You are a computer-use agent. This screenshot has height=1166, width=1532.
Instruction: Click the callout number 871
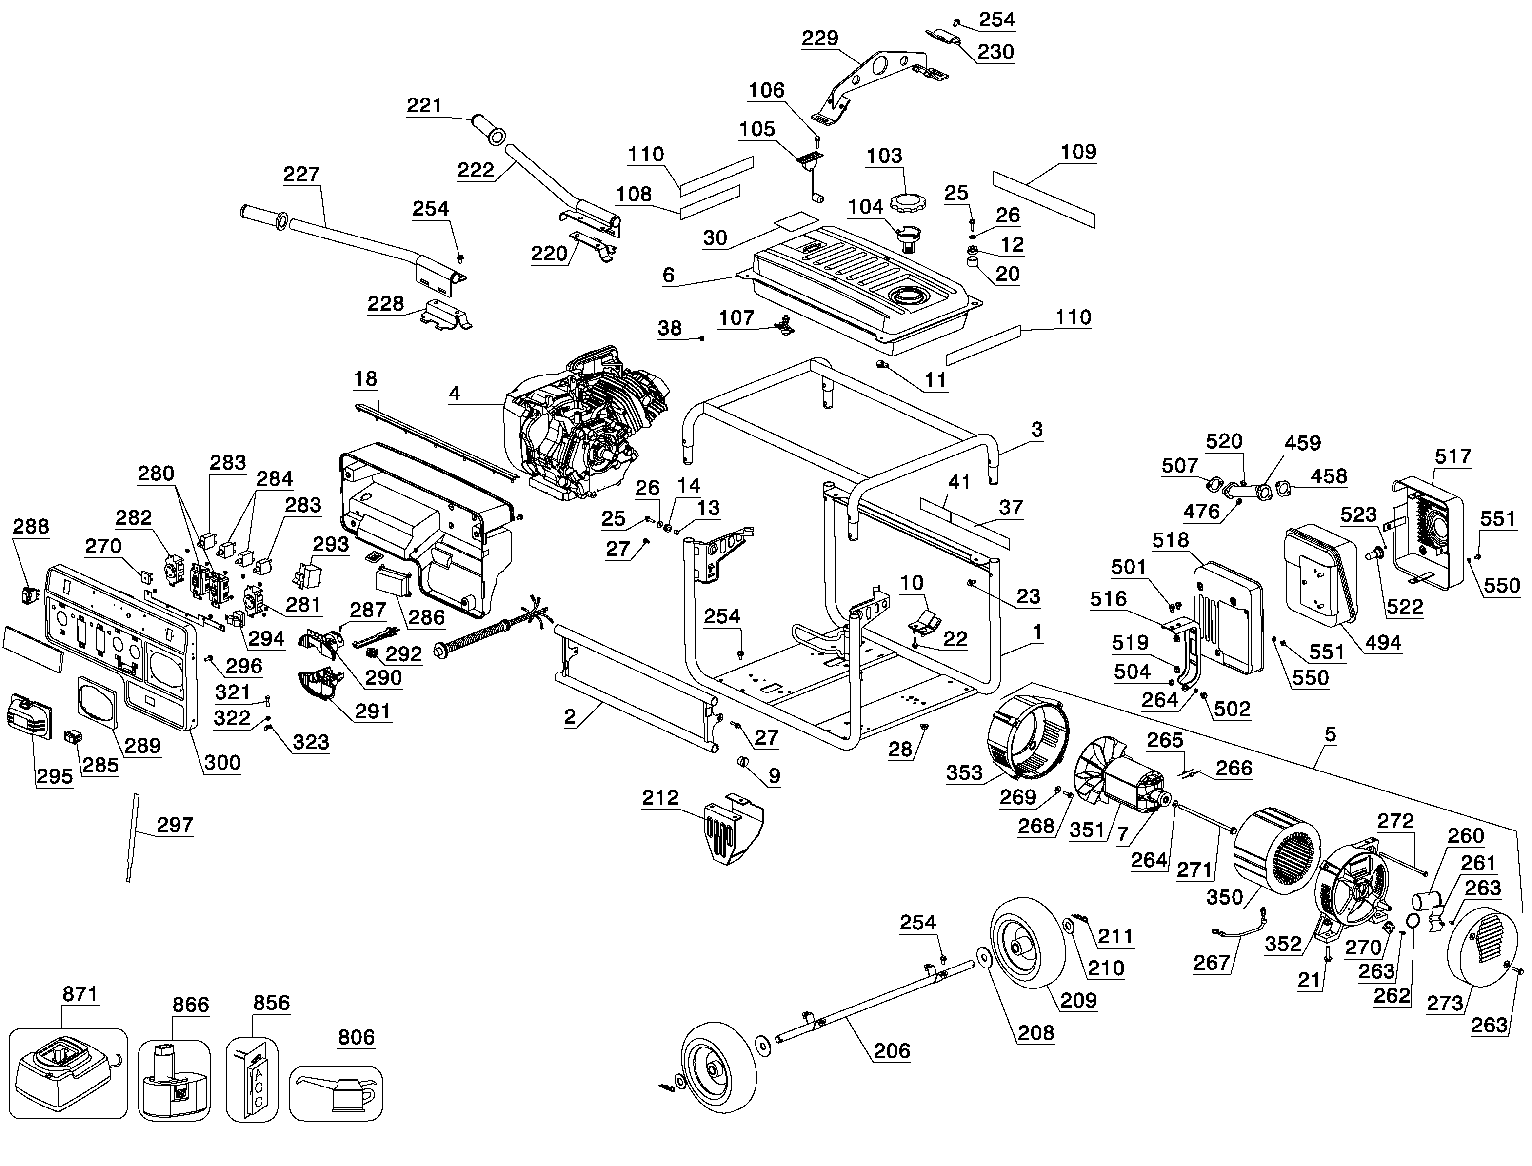point(80,994)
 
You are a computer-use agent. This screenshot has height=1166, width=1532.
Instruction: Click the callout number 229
point(820,38)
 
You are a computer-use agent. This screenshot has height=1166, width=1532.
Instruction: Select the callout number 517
point(1453,456)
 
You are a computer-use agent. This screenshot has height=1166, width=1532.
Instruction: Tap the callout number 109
point(1078,152)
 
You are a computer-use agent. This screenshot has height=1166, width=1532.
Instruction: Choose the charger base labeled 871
point(67,1074)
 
